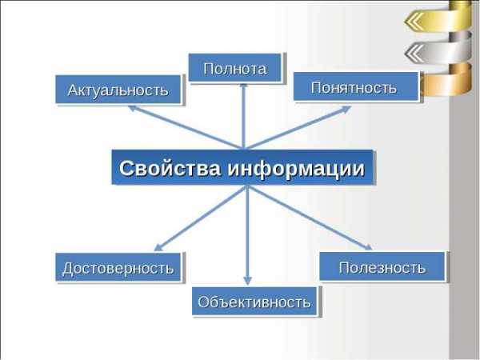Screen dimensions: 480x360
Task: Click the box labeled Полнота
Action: point(234,68)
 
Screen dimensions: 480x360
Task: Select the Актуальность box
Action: point(118,90)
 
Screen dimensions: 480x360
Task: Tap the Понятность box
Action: point(356,87)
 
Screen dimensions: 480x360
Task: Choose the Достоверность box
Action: point(118,267)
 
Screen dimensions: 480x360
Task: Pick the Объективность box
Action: point(254,302)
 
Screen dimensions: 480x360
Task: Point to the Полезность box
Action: point(382,266)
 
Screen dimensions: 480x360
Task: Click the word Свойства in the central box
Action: point(170,168)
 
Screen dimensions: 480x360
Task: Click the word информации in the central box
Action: point(296,168)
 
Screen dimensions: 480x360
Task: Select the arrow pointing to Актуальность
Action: point(186,127)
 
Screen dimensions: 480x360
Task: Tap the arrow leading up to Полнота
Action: point(244,116)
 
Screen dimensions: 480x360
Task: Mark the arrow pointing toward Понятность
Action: point(298,127)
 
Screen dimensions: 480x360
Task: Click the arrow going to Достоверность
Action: point(201,218)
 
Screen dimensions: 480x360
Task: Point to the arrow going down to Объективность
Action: point(248,235)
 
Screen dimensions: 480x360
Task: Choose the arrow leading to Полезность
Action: point(310,218)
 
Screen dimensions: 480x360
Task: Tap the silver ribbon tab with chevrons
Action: point(438,48)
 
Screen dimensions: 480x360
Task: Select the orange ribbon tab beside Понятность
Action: point(446,79)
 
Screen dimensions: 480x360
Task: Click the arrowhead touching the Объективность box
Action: point(248,281)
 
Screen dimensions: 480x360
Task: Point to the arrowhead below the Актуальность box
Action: point(133,108)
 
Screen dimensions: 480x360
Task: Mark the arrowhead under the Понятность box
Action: point(346,109)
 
